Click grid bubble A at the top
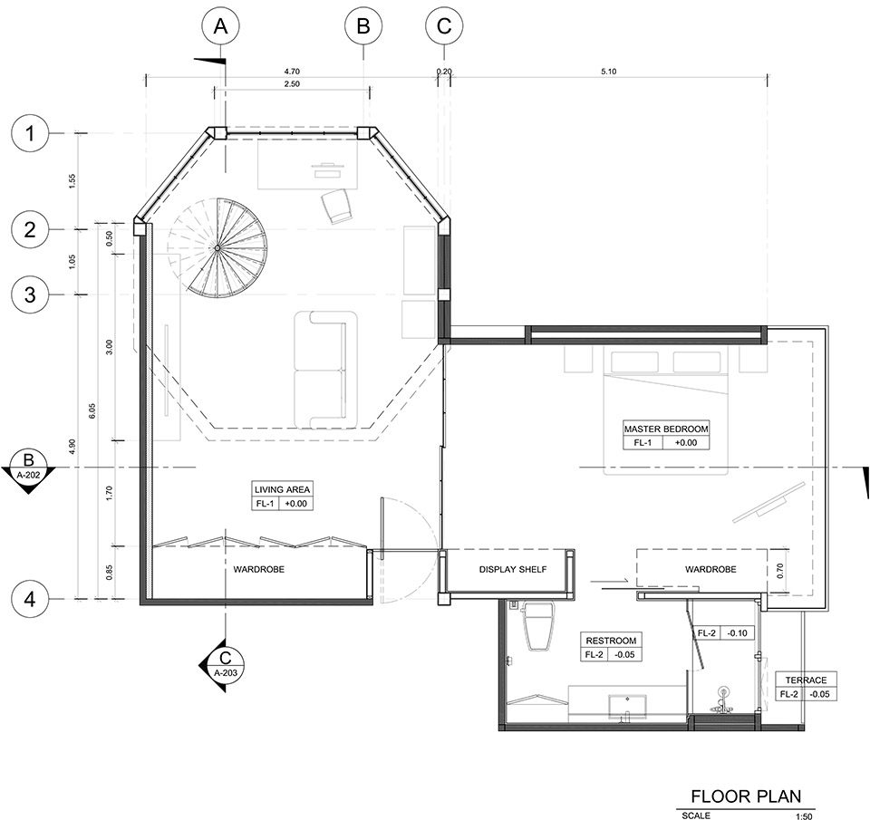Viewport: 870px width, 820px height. pyautogui.click(x=221, y=26)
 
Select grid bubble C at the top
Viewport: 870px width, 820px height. pyautogui.click(x=444, y=26)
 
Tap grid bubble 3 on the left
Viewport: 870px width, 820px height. pyautogui.click(x=30, y=294)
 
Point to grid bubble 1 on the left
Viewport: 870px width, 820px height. pyautogui.click(x=30, y=134)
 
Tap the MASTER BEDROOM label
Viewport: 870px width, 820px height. pyautogui.click(x=666, y=429)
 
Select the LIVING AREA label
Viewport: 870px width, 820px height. pyautogui.click(x=282, y=489)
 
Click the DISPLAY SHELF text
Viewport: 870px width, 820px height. pyautogui.click(x=513, y=569)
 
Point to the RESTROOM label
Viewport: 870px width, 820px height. pyautogui.click(x=611, y=641)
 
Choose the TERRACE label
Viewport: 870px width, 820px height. pyautogui.click(x=806, y=680)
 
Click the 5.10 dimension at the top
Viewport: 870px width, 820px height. pyautogui.click(x=609, y=71)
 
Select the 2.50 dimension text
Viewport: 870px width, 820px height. pyautogui.click(x=291, y=83)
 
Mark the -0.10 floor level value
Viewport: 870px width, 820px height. pyautogui.click(x=738, y=633)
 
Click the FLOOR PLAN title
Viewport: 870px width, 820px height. pyautogui.click(x=746, y=796)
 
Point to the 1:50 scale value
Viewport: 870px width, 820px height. pyautogui.click(x=804, y=816)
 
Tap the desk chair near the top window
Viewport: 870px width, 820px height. pyautogui.click(x=337, y=206)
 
